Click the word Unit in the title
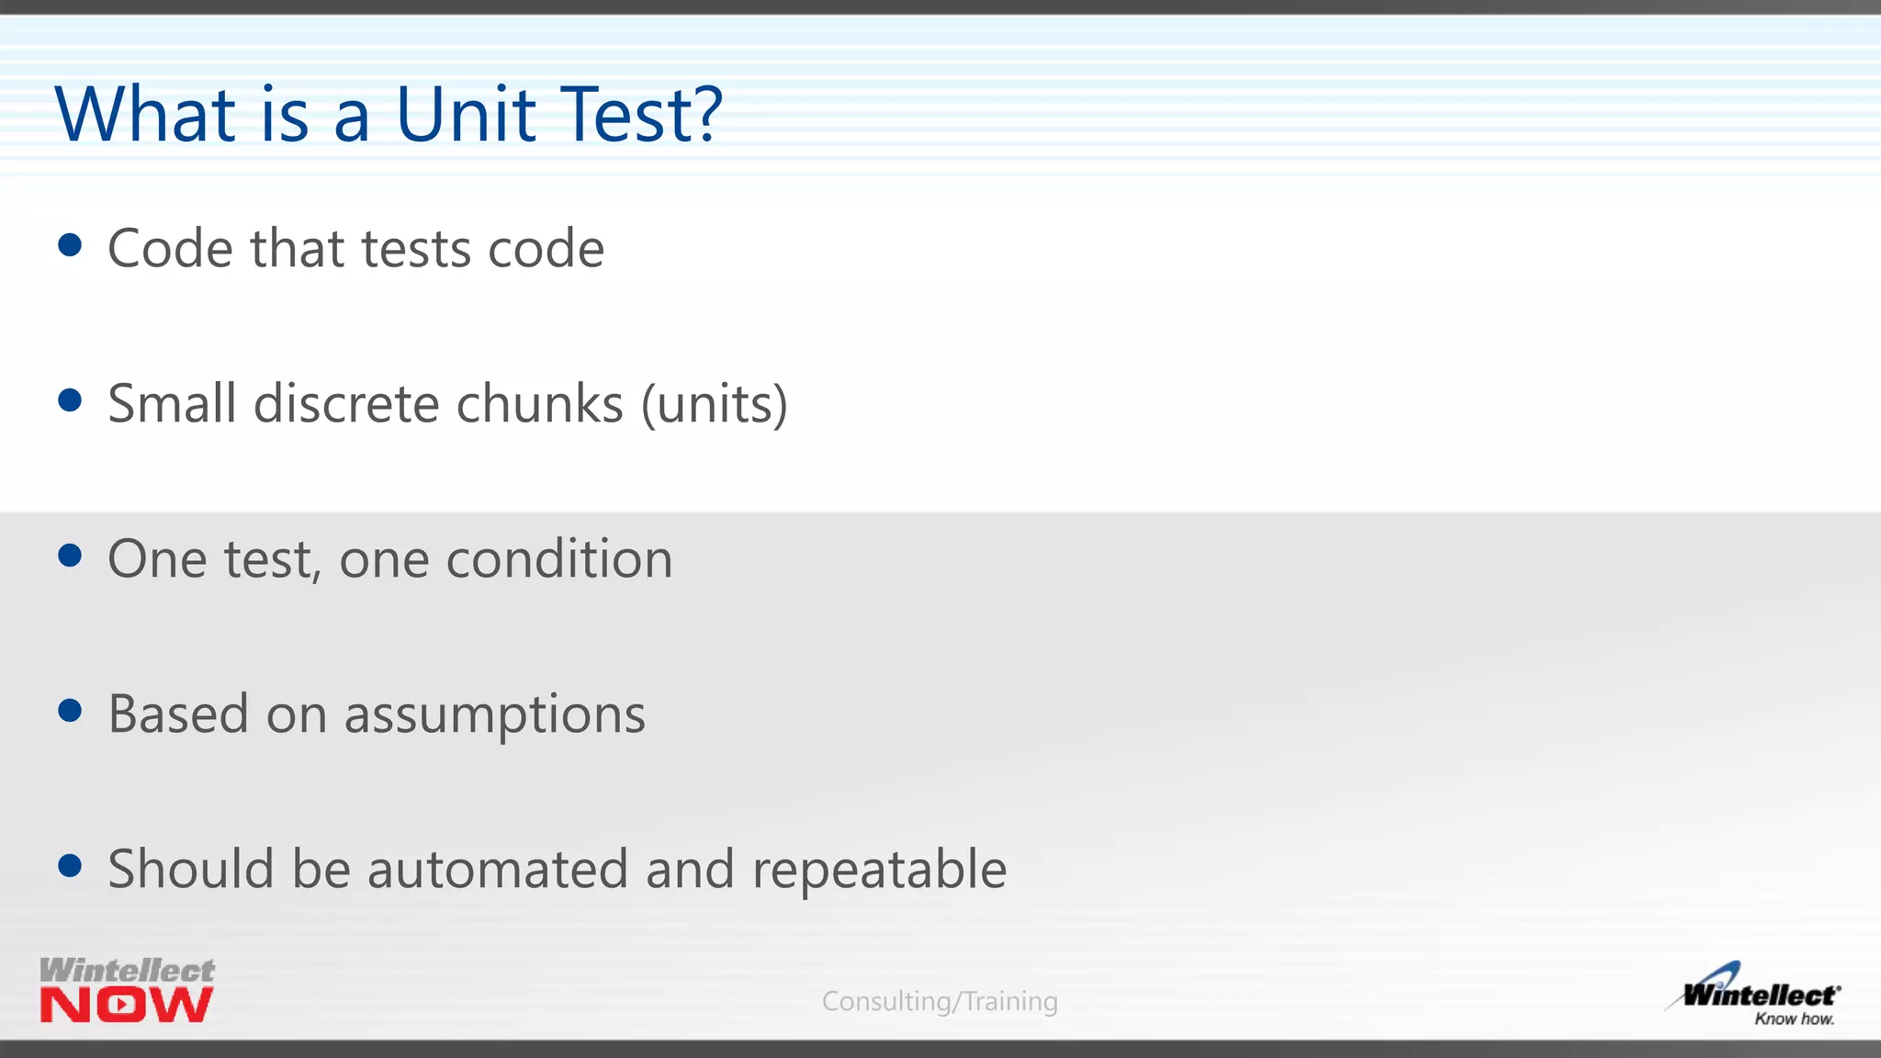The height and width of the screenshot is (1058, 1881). pyautogui.click(x=466, y=115)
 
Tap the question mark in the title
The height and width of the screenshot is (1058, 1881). pyautogui.click(x=704, y=115)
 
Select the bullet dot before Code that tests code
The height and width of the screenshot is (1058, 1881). pyautogui.click(x=70, y=245)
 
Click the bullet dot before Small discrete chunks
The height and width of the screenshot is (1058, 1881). pyautogui.click(x=70, y=400)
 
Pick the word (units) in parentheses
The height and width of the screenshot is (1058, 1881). pyautogui.click(x=715, y=404)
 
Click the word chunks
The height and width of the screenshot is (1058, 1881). pyautogui.click(x=540, y=404)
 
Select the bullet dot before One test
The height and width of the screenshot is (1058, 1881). pyautogui.click(x=70, y=556)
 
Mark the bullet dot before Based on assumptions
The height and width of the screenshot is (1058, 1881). pyautogui.click(x=70, y=711)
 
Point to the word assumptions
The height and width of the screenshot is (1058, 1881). pyautogui.click(x=495, y=716)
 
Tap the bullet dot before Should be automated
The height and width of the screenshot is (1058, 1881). pyautogui.click(x=70, y=866)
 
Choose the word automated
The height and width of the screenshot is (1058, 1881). pyautogui.click(x=498, y=870)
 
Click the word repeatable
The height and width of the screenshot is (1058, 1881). pyautogui.click(x=879, y=872)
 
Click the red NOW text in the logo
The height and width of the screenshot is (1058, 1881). pyautogui.click(x=127, y=1005)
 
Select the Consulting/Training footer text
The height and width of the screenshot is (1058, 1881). pyautogui.click(x=940, y=1001)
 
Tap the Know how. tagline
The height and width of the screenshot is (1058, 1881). pyautogui.click(x=1794, y=1019)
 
